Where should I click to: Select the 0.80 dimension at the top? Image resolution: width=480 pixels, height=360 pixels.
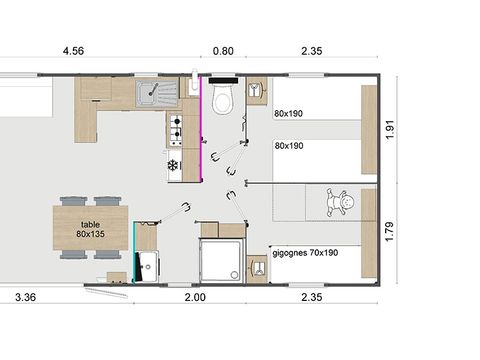[222, 51]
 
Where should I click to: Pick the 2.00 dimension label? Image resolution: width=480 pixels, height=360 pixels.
[195, 297]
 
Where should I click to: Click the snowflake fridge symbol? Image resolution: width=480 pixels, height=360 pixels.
[173, 164]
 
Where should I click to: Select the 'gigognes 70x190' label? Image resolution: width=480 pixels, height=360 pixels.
[305, 252]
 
